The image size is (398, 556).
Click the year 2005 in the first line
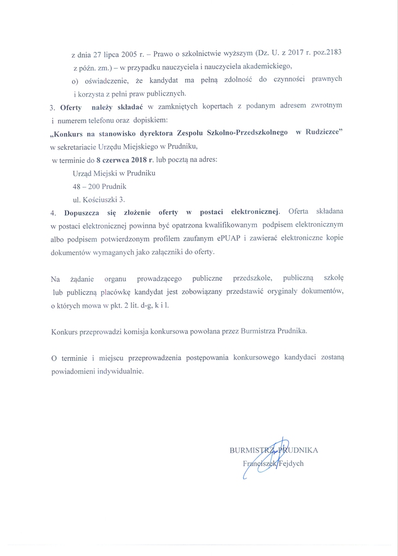click(x=123, y=55)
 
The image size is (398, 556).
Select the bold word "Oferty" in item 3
click(x=71, y=107)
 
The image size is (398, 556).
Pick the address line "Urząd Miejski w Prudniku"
click(x=113, y=173)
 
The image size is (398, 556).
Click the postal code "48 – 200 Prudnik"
click(x=99, y=186)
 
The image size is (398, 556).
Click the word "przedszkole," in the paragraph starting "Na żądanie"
click(x=253, y=279)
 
